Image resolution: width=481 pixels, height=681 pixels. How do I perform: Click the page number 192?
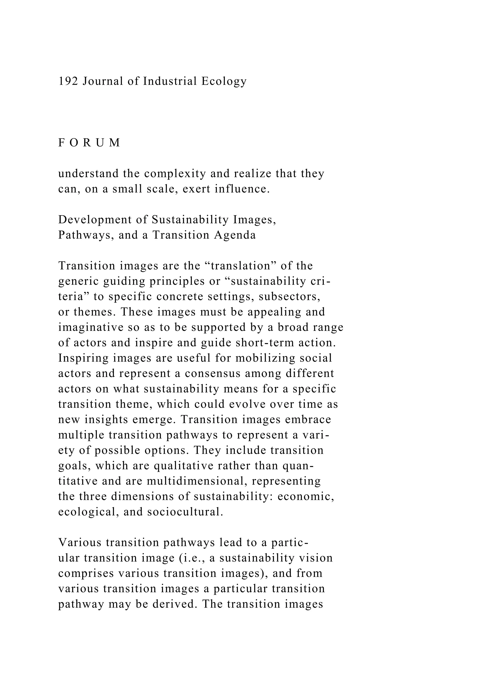pyautogui.click(x=68, y=81)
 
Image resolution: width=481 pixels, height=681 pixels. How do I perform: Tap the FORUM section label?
pyautogui.click(x=89, y=143)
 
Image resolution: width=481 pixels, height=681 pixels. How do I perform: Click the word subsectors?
pyautogui.click(x=289, y=297)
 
